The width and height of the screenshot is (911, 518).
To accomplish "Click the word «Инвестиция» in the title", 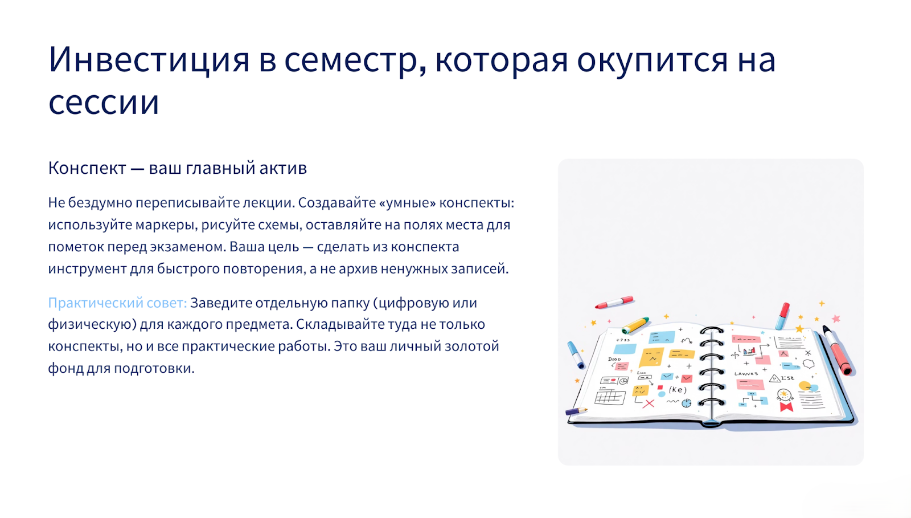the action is (149, 60).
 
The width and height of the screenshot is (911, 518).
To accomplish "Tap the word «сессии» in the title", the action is (104, 102).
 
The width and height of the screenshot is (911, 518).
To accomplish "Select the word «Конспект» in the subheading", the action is (87, 168).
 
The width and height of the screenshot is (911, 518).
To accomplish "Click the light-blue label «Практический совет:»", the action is (117, 303).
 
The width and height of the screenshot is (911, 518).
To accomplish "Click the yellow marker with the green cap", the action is (635, 325).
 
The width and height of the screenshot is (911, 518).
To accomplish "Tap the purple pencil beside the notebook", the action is (576, 411).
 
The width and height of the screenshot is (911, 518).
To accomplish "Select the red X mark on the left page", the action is (649, 403).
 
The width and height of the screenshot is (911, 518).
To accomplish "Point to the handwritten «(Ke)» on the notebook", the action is (678, 390).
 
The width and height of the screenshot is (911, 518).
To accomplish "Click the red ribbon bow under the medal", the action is (786, 407).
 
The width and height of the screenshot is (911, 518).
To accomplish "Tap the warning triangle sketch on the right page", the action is (775, 379).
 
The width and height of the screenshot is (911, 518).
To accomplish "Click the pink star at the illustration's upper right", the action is (836, 319).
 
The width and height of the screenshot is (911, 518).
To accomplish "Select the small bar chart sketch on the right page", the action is (749, 351).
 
